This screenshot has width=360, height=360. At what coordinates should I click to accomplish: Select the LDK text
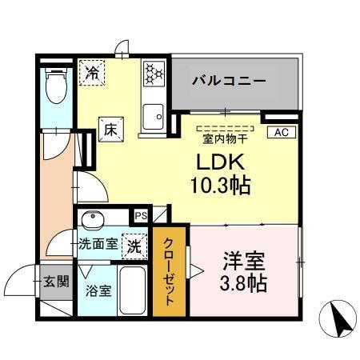[218, 162]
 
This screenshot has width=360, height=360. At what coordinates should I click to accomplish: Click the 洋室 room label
[242, 261]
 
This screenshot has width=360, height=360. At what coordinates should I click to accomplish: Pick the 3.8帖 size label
[242, 282]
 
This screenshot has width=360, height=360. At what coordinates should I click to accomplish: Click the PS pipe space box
[140, 214]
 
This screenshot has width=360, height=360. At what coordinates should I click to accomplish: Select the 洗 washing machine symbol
[135, 246]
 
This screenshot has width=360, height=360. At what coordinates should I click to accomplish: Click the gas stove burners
[153, 74]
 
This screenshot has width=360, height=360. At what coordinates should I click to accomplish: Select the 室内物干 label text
[226, 138]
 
